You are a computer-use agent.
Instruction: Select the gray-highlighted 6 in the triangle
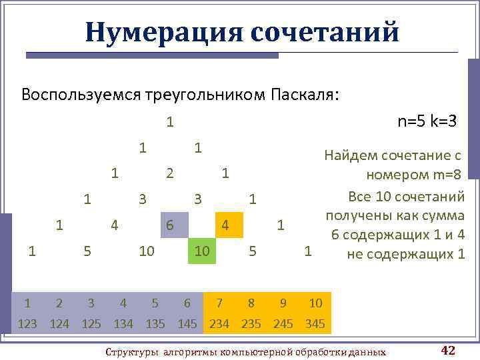[x=170, y=225]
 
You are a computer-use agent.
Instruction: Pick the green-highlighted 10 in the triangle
[x=202, y=251]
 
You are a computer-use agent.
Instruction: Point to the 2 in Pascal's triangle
[x=170, y=173]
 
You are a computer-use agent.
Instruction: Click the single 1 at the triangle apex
[x=170, y=122]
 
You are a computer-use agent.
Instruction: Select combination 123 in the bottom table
[x=27, y=325]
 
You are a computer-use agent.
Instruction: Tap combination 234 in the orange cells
[x=219, y=325]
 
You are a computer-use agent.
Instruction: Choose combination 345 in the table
[x=315, y=325]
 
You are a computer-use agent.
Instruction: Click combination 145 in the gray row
[x=187, y=325]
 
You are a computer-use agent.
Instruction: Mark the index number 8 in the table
[x=251, y=303]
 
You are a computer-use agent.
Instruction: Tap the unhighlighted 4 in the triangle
[x=115, y=225]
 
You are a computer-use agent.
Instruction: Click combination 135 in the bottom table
[x=155, y=325]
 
